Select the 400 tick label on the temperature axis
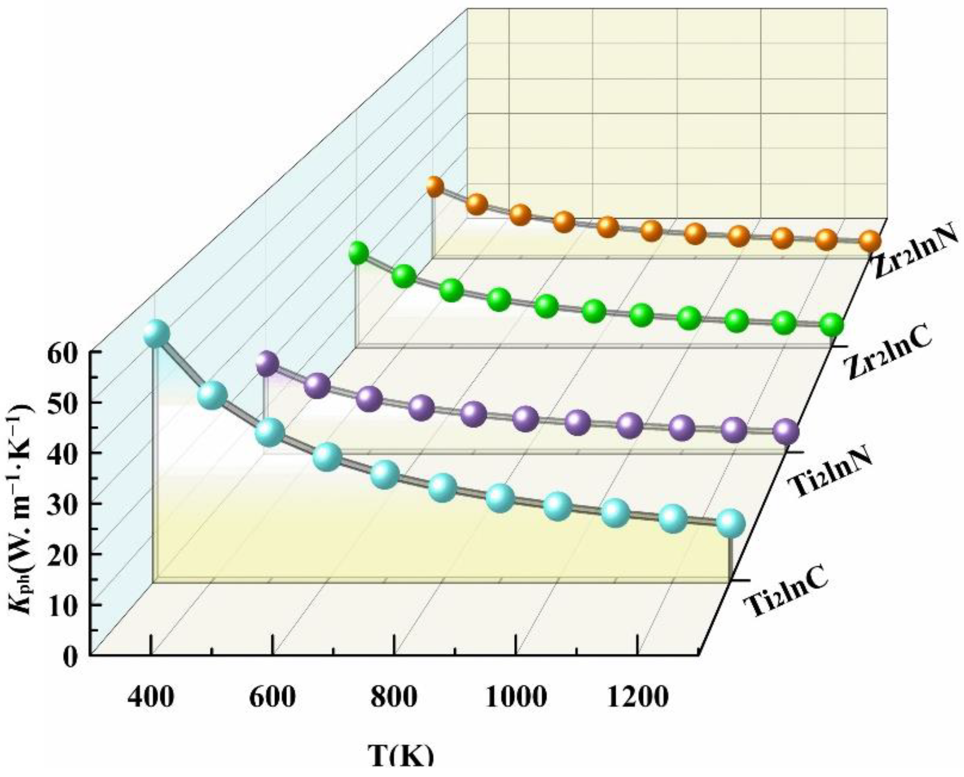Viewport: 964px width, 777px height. point(150,697)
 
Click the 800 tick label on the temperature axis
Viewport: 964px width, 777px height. point(393,697)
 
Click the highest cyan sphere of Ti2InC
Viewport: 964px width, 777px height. point(156,334)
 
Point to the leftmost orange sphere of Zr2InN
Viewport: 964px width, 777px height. point(433,187)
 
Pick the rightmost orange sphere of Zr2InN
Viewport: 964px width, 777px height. point(870,242)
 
